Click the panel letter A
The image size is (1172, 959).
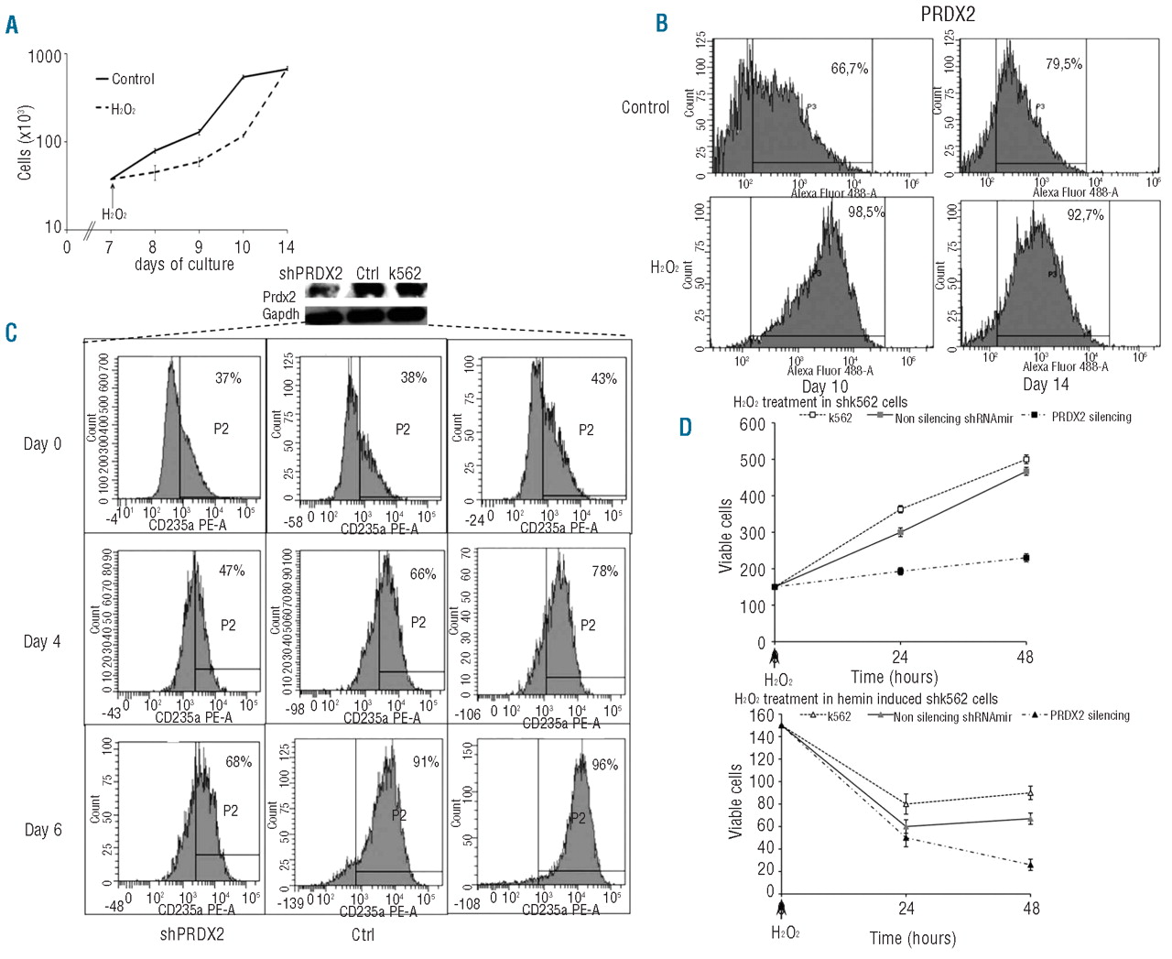pos(12,24)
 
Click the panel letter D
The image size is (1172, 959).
pos(685,427)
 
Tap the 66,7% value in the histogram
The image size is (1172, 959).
pos(849,69)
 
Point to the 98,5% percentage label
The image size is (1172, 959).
pos(865,212)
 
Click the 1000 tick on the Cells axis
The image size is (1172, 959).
pos(45,57)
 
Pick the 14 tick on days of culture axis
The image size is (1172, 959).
pos(287,246)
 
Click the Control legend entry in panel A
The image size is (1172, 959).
pos(133,79)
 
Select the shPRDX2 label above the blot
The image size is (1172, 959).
pos(310,273)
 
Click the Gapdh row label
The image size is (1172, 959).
pos(280,313)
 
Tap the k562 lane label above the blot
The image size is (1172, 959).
pos(405,273)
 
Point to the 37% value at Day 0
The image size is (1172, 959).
pos(228,377)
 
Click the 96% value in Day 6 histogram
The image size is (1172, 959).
pos(604,765)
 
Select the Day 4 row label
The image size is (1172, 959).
pos(42,641)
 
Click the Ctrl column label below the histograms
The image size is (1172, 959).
pos(363,935)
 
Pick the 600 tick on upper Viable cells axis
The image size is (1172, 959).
pos(752,424)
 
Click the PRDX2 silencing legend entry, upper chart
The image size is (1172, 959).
pos(1091,417)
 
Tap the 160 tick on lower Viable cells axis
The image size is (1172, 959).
pos(762,715)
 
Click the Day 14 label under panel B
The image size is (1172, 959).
pos(1046,385)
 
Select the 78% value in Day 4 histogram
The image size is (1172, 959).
pos(604,571)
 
